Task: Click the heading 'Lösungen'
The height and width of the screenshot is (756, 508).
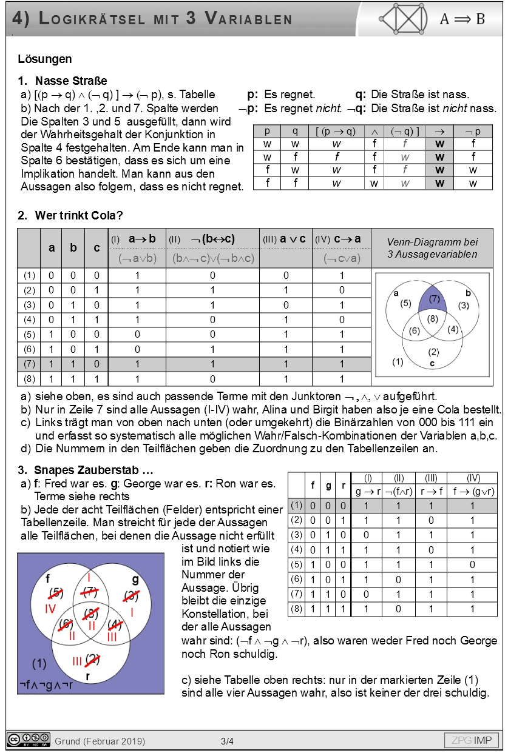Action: coord(45,59)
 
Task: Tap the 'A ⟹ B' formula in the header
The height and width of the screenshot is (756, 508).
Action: coord(462,19)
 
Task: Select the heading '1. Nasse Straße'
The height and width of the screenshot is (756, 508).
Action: coord(63,81)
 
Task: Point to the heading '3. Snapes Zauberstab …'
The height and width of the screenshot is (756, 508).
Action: coord(86,470)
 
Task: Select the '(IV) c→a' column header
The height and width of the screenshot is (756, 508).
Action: coord(341,239)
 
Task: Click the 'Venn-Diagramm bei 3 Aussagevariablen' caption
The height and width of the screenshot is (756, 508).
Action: coord(432,248)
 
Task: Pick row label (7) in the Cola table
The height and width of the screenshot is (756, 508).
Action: coord(29,364)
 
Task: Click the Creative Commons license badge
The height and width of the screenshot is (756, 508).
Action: coord(29,740)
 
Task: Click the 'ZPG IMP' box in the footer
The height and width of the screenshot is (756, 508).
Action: coord(472,740)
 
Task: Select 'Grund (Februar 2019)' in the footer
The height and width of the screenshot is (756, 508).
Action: coord(100,741)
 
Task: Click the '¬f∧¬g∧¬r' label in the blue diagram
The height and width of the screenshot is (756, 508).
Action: coord(46,685)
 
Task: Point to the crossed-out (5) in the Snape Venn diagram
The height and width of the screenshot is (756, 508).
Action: coord(56,592)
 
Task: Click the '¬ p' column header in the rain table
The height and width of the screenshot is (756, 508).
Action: coord(472,132)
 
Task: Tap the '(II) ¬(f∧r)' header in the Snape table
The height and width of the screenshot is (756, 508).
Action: coord(399,485)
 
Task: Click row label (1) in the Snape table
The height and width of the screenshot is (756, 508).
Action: coord(296,505)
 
